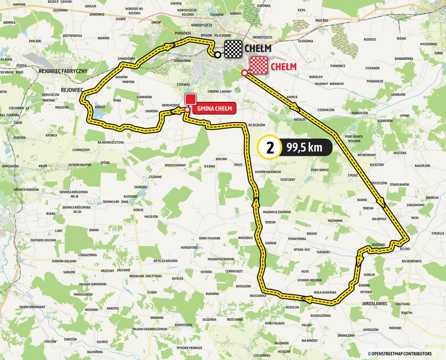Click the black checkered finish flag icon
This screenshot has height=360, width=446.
pyautogui.click(x=233, y=49)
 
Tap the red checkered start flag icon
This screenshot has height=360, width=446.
pyautogui.click(x=258, y=65)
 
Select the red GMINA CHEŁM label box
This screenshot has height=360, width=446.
pyautogui.click(x=214, y=109)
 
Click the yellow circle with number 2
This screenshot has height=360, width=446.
pyautogui.click(x=270, y=148)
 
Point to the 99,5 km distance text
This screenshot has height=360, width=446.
pyautogui.click(x=304, y=148)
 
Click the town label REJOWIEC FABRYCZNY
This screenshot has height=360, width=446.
pyautogui.click(x=63, y=71)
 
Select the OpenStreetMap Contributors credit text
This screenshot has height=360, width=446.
pyautogui.click(x=405, y=354)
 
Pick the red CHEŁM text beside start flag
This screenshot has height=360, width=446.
pyautogui.click(x=283, y=67)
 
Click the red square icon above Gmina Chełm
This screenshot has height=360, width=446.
pyautogui.click(x=190, y=99)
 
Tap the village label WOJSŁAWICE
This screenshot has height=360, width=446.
pyautogui.click(x=256, y=296)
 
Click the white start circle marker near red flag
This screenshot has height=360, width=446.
pyautogui.click(x=245, y=73)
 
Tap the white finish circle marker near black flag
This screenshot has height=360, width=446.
pyautogui.click(x=218, y=55)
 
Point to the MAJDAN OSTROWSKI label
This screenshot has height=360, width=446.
pyautogui.click(x=221, y=259)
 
